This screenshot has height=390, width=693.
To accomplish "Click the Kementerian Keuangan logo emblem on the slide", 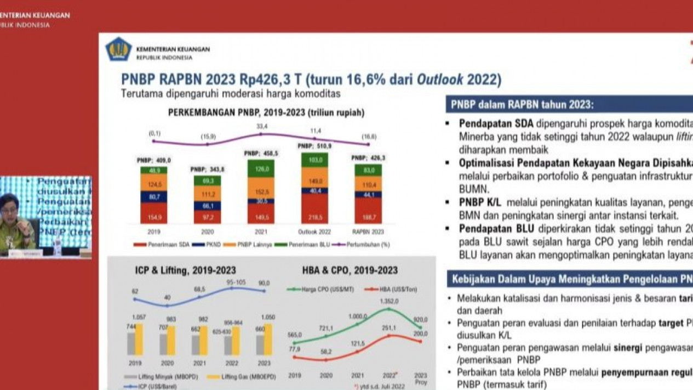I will pyautogui.click(x=118, y=49).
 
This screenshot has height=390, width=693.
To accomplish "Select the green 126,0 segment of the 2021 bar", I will pyautogui.click(x=261, y=169).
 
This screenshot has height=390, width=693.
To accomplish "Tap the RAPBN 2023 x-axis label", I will pyautogui.click(x=368, y=232).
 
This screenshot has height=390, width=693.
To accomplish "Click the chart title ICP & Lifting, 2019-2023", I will pyautogui.click(x=185, y=270).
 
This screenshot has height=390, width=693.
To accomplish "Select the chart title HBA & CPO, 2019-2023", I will pyautogui.click(x=350, y=270).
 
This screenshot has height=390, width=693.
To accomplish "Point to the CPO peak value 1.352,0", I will pyautogui.click(x=389, y=301).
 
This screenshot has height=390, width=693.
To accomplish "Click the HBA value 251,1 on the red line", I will pyautogui.click(x=389, y=328).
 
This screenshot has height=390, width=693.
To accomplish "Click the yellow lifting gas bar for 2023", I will pyautogui.click(x=268, y=340).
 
